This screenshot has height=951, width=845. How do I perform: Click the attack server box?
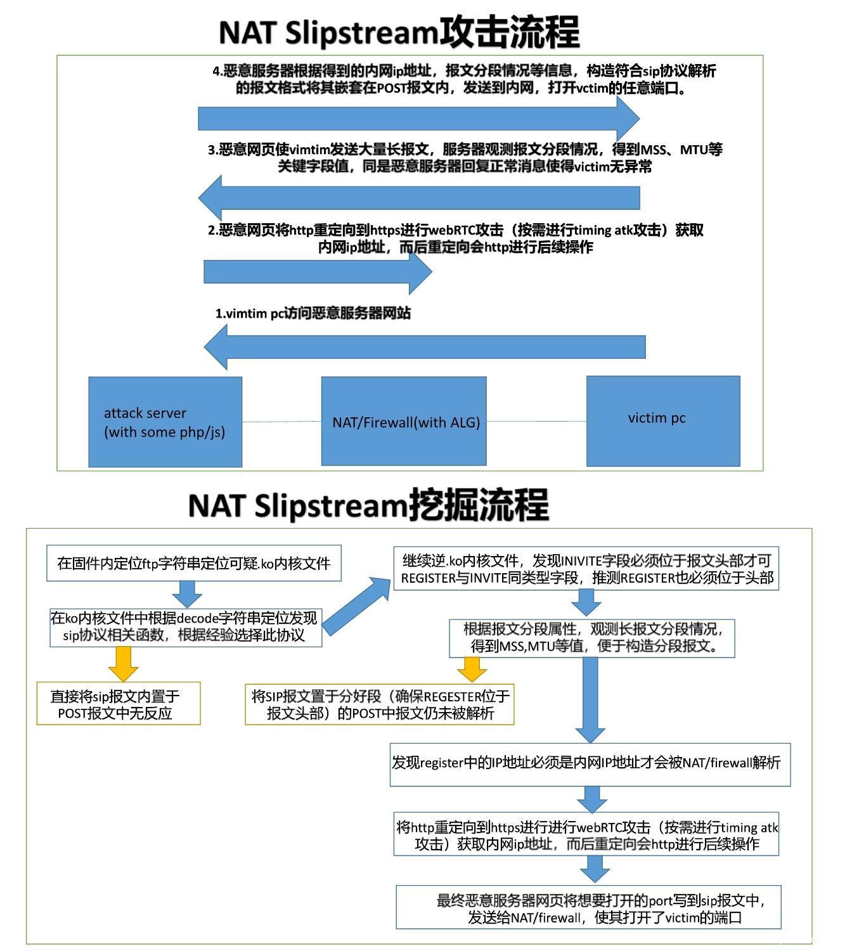coord(165,422)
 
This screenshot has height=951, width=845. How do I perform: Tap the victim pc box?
coord(662,420)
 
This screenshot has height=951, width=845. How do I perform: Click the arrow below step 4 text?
coord(418,119)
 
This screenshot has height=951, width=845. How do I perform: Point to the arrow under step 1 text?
coord(425,347)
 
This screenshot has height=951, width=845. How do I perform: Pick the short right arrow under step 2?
coord(317,271)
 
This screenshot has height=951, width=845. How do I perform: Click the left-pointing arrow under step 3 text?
coord(418,198)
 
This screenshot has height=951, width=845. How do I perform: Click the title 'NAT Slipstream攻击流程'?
coord(399,32)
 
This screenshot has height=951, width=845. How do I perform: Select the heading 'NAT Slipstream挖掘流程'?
coord(368,505)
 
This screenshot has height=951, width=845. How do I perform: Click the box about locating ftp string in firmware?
coord(193,563)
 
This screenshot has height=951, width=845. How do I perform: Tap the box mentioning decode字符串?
coord(185,627)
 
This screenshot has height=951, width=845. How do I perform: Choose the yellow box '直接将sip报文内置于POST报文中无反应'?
coord(119,704)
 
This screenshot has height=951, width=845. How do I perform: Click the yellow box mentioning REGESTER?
coord(379,704)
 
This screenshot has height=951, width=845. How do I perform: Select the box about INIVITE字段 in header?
coord(586,569)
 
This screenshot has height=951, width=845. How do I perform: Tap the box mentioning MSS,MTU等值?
coord(591,638)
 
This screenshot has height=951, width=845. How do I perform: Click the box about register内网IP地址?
coord(590,764)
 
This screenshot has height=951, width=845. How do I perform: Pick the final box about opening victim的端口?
coord(588,907)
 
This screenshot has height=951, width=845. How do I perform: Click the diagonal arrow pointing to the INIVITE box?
coord(357,605)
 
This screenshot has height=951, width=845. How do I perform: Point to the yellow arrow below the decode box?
coord(124,663)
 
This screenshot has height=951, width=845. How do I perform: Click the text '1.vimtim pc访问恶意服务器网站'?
coord(313,313)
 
